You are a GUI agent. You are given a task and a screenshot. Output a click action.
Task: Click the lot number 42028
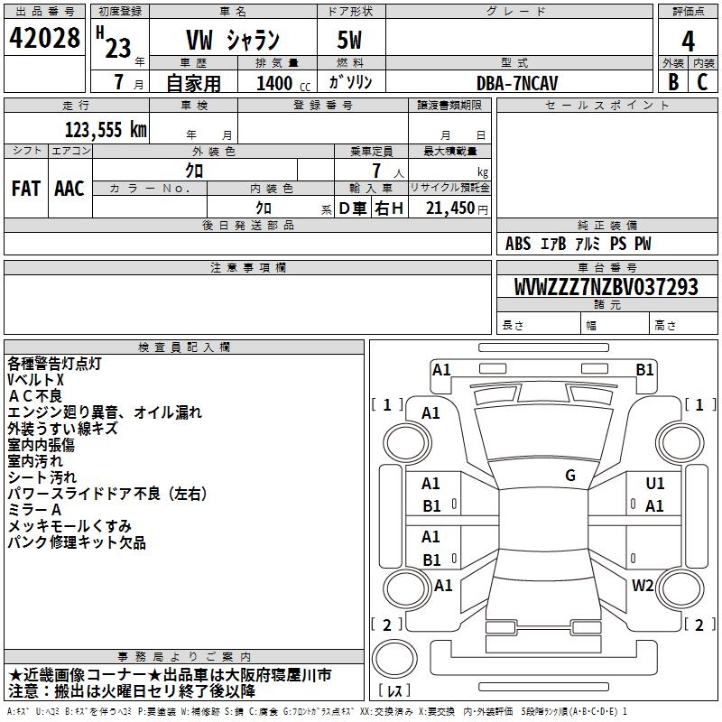[x=45, y=39]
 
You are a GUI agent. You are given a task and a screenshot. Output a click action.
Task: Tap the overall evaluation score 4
[x=688, y=42]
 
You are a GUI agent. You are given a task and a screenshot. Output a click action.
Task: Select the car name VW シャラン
[x=233, y=42]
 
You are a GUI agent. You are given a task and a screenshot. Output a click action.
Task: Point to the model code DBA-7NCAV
[x=517, y=82]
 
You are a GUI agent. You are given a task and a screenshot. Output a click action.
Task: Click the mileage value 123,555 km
[x=106, y=129]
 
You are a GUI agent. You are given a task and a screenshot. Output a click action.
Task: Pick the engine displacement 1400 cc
[x=274, y=83]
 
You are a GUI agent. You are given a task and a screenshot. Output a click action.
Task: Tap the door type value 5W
[x=349, y=41]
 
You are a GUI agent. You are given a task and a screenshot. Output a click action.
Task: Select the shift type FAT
[x=26, y=188]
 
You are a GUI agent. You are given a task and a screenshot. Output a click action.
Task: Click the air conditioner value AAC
[x=69, y=188]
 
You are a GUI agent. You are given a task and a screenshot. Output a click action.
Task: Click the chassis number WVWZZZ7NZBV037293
[x=606, y=288]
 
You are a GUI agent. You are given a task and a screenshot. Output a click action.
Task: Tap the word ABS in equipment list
[x=518, y=244]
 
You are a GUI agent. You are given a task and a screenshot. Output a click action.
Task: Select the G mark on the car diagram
[x=569, y=476]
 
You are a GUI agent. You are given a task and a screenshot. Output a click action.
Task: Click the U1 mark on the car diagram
[x=655, y=484]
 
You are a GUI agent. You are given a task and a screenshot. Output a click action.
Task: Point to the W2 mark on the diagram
[x=643, y=585]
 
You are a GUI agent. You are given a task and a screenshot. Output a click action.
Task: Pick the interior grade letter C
[x=702, y=82]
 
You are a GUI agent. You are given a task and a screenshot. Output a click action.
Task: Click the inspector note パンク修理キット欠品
[x=77, y=542]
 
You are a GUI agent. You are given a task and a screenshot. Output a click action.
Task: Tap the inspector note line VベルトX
[x=36, y=380]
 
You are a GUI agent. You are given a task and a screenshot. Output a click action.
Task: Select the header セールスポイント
[x=596, y=106]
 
